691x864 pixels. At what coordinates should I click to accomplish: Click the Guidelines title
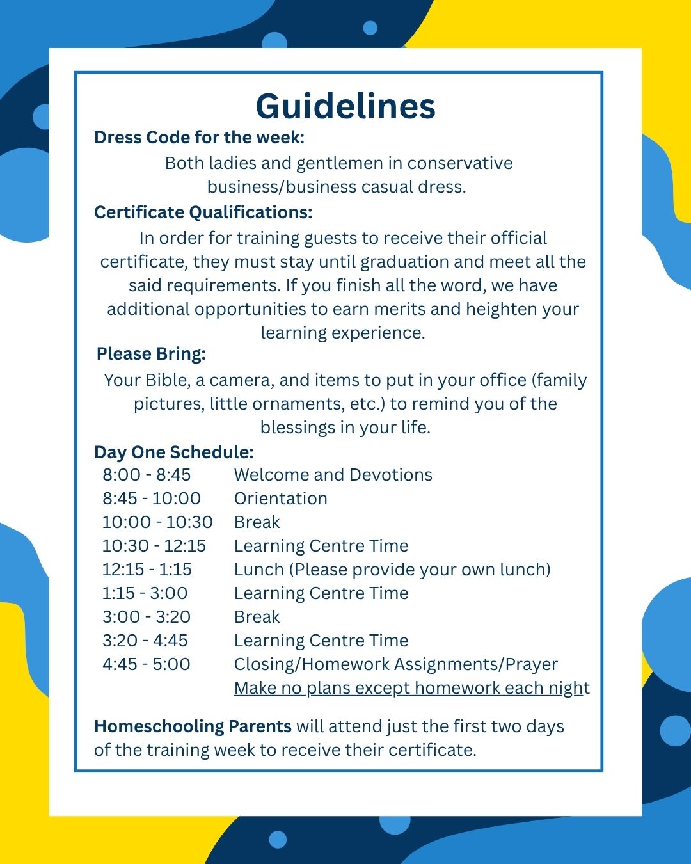pyautogui.click(x=345, y=106)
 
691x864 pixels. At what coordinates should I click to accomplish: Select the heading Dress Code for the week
pyautogui.click(x=199, y=138)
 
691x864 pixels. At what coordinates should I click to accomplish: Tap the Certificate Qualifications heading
pyautogui.click(x=203, y=212)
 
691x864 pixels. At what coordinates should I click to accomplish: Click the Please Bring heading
pyautogui.click(x=152, y=354)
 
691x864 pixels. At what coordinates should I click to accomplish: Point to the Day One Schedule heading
pyautogui.click(x=174, y=452)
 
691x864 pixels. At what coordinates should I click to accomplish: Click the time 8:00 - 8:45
pyautogui.click(x=147, y=474)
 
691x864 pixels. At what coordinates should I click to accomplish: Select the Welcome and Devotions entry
pyautogui.click(x=333, y=474)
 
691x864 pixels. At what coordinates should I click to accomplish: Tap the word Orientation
pyautogui.click(x=281, y=499)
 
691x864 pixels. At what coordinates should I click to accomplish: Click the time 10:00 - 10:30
pyautogui.click(x=157, y=522)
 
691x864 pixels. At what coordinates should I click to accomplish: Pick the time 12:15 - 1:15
pyautogui.click(x=147, y=570)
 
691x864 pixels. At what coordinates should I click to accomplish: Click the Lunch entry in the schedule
pyautogui.click(x=392, y=570)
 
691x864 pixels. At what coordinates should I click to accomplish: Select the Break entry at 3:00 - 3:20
pyautogui.click(x=257, y=617)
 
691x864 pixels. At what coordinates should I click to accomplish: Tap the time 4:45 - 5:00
pyautogui.click(x=146, y=664)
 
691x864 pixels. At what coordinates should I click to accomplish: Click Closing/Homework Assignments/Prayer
pyautogui.click(x=396, y=664)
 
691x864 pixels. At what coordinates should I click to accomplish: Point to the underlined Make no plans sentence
pyautogui.click(x=412, y=688)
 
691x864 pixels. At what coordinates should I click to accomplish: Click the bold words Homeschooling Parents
pyautogui.click(x=193, y=726)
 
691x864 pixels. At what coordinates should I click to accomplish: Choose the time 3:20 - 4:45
pyautogui.click(x=145, y=641)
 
